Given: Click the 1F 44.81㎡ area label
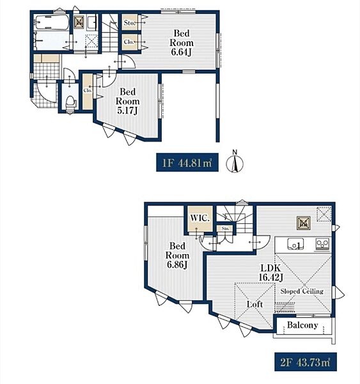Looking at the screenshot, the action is pyautogui.click(x=187, y=163).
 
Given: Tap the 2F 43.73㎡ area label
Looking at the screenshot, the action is pyautogui.click(x=306, y=362).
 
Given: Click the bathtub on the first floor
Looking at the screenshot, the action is pyautogui.click(x=52, y=23).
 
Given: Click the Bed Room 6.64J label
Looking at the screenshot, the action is pyautogui.click(x=182, y=43).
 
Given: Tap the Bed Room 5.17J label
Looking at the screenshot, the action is pyautogui.click(x=127, y=101).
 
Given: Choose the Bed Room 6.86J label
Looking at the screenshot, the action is pyautogui.click(x=177, y=255).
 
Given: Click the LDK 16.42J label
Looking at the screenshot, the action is pyautogui.click(x=271, y=273).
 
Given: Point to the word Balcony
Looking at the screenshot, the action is pyautogui.click(x=302, y=325).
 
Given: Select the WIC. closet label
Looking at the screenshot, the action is pyautogui.click(x=200, y=218).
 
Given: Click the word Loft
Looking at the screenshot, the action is pyautogui.click(x=254, y=304).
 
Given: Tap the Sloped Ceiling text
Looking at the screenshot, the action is pyautogui.click(x=302, y=291).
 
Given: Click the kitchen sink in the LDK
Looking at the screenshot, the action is pyautogui.click(x=295, y=244).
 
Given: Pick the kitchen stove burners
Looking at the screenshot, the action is pyautogui.click(x=322, y=244).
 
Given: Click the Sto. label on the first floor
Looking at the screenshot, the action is pyautogui.click(x=129, y=23).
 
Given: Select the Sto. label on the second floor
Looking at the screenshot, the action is pyautogui.click(x=225, y=228).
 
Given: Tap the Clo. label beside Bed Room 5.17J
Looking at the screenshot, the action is pyautogui.click(x=88, y=90).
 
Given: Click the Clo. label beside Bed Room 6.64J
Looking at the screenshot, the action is pyautogui.click(x=129, y=42).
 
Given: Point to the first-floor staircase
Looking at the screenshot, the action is pyautogui.click(x=110, y=33).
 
